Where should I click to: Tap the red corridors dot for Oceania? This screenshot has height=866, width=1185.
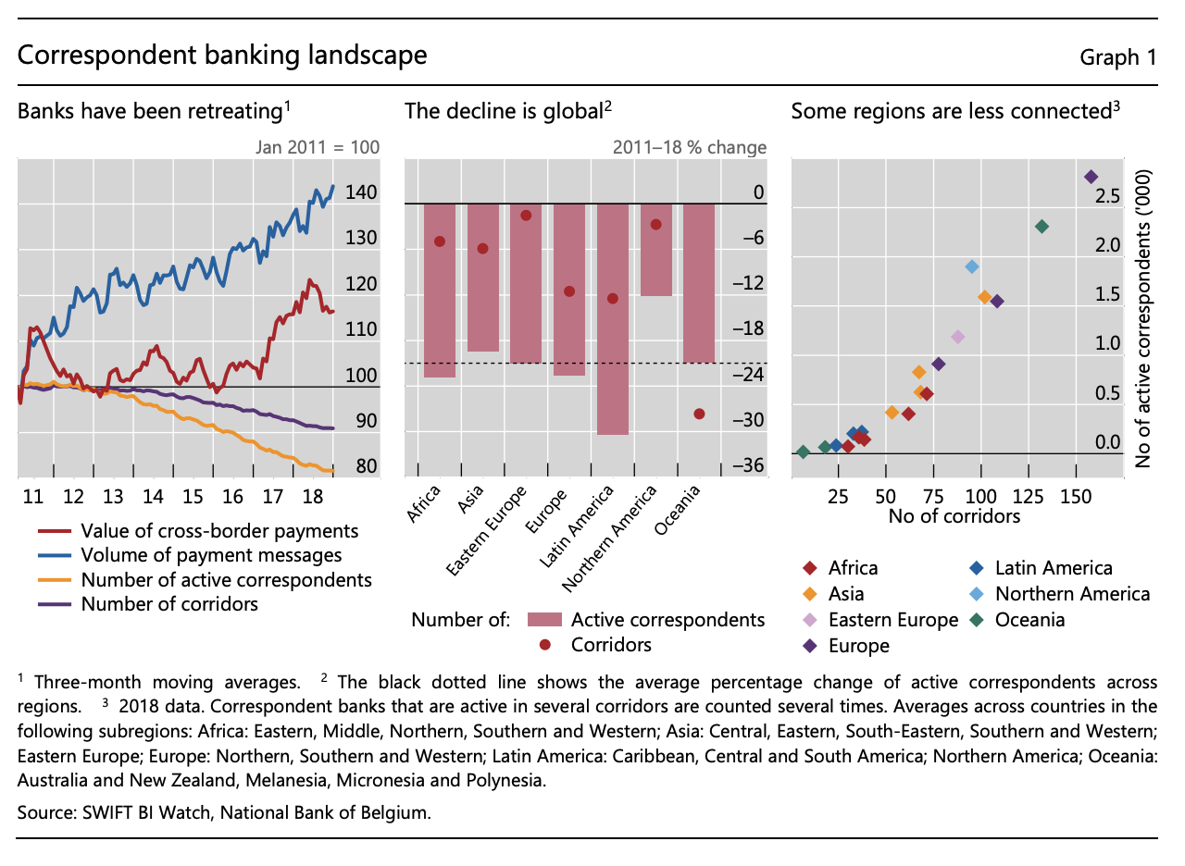(699, 414)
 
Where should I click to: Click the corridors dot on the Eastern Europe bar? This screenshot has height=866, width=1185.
(526, 216)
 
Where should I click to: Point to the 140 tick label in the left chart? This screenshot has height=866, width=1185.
(360, 193)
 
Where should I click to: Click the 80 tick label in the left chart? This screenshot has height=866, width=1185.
(366, 466)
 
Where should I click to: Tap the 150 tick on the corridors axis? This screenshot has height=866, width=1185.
(1076, 496)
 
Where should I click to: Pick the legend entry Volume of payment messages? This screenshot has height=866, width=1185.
(211, 555)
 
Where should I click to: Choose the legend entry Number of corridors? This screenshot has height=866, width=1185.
(169, 604)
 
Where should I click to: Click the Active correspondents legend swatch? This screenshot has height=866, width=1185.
(545, 620)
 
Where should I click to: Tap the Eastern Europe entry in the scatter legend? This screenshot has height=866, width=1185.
(892, 620)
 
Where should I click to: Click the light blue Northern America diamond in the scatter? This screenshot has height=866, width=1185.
(972, 266)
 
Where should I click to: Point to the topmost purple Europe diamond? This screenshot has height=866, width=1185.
(1091, 177)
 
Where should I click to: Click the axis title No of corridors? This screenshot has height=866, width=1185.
(954, 515)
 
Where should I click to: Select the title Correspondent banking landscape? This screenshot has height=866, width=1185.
(222, 56)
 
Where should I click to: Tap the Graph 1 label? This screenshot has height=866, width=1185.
(1118, 57)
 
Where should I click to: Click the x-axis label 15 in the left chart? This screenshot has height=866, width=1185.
(193, 496)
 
